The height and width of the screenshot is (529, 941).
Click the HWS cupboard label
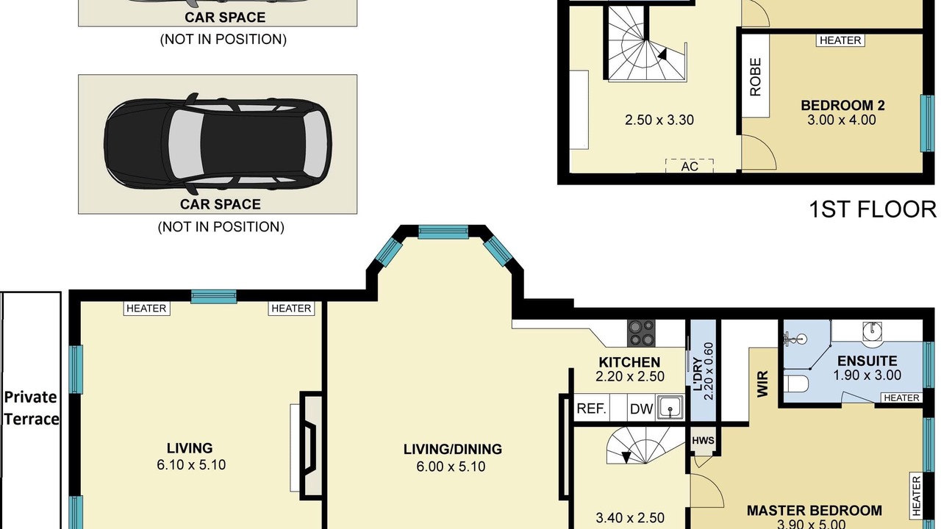pyautogui.click(x=703, y=440)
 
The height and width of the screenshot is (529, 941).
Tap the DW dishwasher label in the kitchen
pyautogui.click(x=642, y=409)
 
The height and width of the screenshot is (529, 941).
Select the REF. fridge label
pyautogui.click(x=591, y=408)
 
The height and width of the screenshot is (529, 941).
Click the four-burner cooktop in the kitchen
pyautogui.click(x=641, y=333)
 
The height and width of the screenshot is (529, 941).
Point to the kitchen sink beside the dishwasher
pyautogui.click(x=670, y=407)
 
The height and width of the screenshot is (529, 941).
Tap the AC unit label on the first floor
pyautogui.click(x=690, y=167)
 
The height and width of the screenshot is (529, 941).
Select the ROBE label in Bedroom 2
pyautogui.click(x=755, y=77)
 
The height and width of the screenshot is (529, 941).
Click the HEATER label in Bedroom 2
pyautogui.click(x=840, y=40)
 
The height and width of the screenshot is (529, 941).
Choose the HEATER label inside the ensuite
pyautogui.click(x=901, y=397)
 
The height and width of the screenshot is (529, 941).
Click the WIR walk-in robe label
pyautogui.click(x=762, y=384)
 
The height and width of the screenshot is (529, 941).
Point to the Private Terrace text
pyautogui.click(x=31, y=408)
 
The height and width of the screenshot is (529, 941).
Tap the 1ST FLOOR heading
pyautogui.click(x=873, y=209)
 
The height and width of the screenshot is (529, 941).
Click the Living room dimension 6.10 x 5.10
pyautogui.click(x=191, y=465)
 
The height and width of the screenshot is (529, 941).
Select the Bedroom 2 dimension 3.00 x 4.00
pyautogui.click(x=842, y=120)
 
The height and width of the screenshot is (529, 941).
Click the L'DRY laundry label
pyautogui.click(x=697, y=374)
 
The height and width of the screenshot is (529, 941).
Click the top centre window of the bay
pyautogui.click(x=443, y=231)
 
